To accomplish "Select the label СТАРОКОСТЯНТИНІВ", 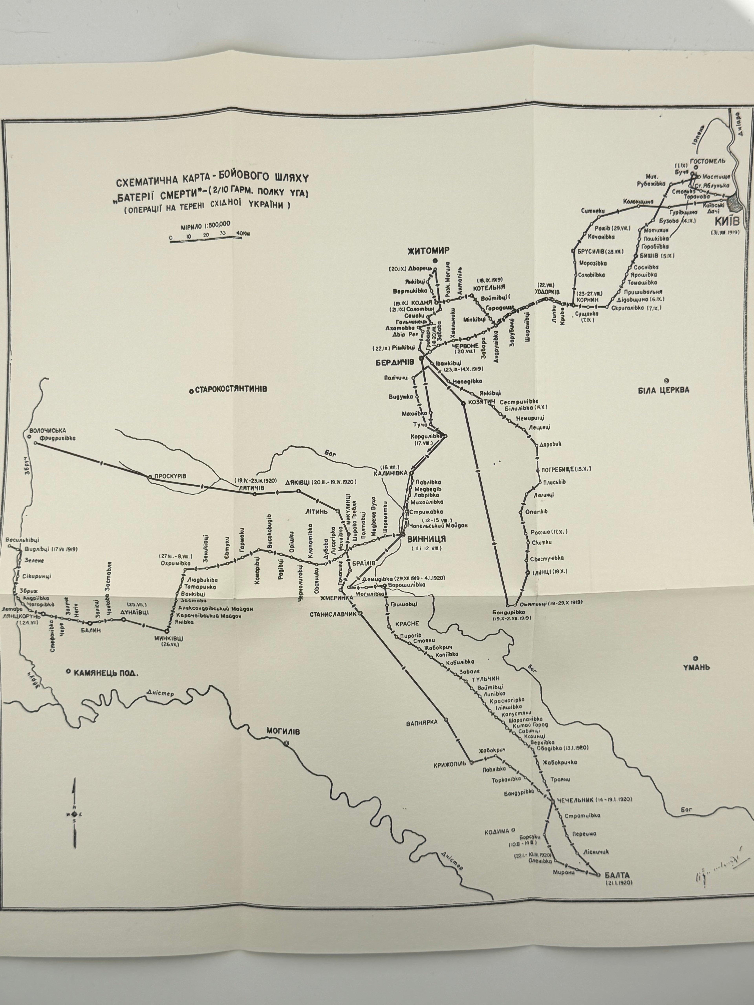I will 231,389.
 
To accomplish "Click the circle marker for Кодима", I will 513,829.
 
